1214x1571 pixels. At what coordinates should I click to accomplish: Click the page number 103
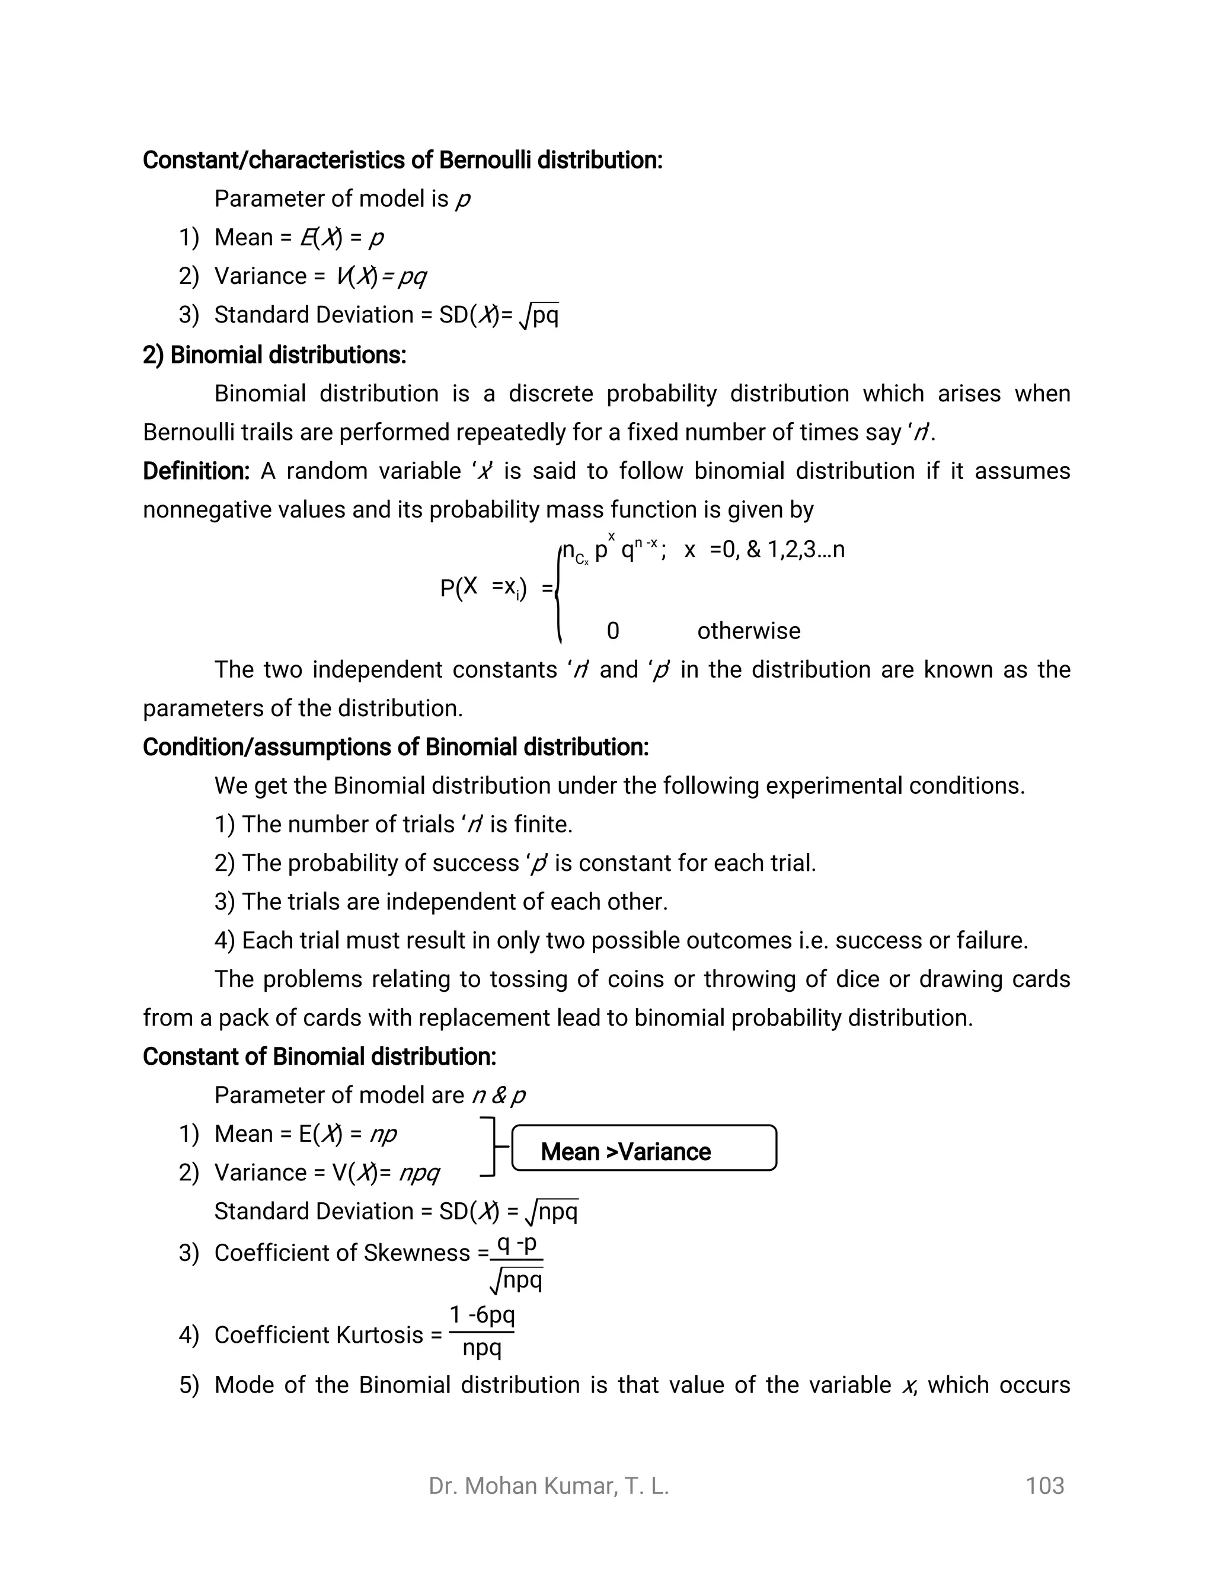click(1044, 1486)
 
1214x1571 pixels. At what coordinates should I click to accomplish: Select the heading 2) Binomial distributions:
click(274, 355)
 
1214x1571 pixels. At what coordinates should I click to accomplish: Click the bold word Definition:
click(196, 471)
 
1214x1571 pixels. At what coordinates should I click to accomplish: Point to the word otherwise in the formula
click(748, 631)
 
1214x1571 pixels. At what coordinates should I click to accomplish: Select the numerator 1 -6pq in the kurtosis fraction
click(482, 1315)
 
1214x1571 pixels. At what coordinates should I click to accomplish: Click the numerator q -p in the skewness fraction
click(516, 1244)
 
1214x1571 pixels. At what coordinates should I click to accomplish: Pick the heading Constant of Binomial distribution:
click(320, 1056)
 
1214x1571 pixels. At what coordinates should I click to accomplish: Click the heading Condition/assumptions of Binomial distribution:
click(395, 748)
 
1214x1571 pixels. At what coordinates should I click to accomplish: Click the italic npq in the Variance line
click(419, 1173)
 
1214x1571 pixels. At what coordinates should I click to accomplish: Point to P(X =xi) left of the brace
click(483, 589)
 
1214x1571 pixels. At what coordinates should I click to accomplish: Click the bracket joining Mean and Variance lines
click(493, 1147)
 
